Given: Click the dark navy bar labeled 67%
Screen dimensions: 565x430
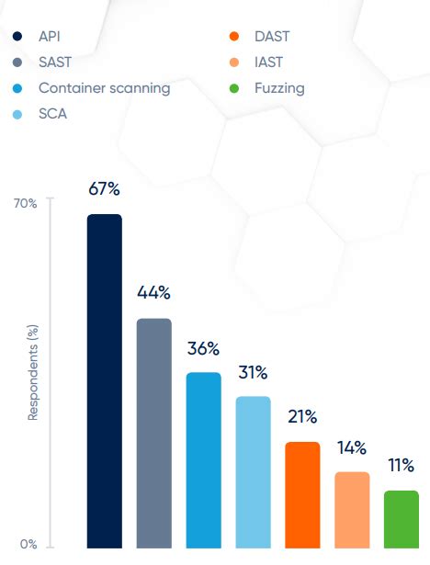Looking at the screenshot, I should tap(104, 380).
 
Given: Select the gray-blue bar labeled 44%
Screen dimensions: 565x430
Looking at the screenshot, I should tap(153, 433).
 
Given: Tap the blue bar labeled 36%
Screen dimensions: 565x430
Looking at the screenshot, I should tap(203, 459).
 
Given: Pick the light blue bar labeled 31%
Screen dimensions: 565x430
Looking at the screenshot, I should tap(253, 471).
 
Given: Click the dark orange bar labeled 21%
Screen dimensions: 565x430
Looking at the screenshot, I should tap(302, 494).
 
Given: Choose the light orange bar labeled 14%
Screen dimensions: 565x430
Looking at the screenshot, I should tap(352, 509).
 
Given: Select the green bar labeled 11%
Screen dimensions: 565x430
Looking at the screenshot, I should tap(402, 518).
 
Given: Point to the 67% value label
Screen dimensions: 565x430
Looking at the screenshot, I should tap(104, 188).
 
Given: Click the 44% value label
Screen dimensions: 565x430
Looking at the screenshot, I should tap(153, 293).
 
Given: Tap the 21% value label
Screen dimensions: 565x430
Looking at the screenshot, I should tap(302, 416).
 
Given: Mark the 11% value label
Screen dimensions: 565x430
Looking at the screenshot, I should tap(402, 465).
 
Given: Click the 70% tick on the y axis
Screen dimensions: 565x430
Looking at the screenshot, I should tap(26, 203).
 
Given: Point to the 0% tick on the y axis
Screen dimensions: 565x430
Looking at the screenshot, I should tap(28, 544).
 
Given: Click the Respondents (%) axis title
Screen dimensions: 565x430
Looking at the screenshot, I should tap(33, 372).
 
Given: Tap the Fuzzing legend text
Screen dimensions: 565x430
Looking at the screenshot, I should tap(279, 88).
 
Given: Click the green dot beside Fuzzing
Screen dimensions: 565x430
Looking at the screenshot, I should tap(233, 89).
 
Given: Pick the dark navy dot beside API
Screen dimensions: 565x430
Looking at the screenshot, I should tap(17, 37).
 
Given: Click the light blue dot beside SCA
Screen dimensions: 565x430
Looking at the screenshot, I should tap(17, 115).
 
